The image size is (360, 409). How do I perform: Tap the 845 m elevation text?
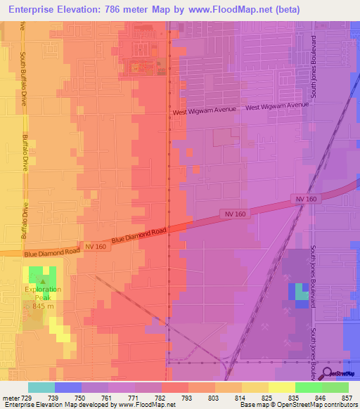point(44,306)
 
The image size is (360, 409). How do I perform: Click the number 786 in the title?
point(116,10)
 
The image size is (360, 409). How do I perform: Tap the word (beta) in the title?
point(285,10)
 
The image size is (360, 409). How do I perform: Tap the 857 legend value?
point(347,397)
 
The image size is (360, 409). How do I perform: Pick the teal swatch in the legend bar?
point(41,387)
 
